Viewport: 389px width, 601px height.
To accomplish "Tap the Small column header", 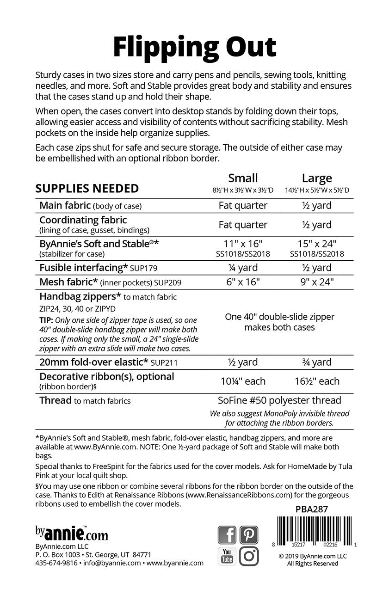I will [243, 178].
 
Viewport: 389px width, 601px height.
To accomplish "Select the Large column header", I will [317, 178].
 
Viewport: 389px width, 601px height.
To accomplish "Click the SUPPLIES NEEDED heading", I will [87, 189].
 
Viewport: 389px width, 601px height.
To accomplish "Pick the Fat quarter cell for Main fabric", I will [243, 206].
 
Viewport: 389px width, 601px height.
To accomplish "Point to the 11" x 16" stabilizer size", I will [243, 243].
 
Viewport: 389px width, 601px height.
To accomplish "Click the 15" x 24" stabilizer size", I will [317, 243].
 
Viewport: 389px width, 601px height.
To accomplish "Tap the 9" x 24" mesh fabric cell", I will [317, 282].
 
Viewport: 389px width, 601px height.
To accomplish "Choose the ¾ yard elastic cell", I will [317, 362].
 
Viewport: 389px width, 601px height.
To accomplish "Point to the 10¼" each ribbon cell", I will [243, 381].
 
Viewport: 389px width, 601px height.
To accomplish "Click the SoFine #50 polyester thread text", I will [279, 400].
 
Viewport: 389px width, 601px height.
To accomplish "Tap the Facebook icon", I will [227, 535].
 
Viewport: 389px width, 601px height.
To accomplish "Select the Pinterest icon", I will [249, 535].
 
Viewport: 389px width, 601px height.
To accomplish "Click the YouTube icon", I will [227, 556].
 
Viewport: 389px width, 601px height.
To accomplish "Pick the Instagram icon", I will [249, 556].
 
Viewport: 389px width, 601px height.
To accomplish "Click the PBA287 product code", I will [311, 509].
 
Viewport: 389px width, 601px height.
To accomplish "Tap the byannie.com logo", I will [72, 533].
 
